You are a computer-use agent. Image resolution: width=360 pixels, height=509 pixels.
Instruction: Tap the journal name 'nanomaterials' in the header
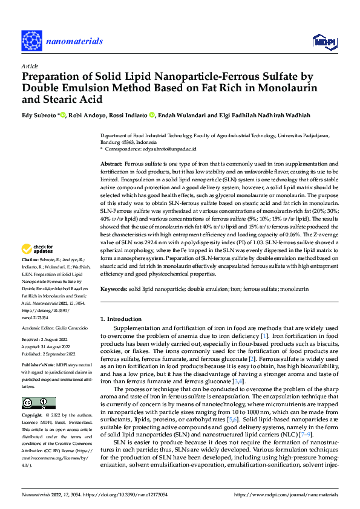76,41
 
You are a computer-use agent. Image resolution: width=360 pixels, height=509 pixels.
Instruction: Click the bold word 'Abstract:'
111,164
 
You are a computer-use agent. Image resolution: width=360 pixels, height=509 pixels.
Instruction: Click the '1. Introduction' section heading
120,319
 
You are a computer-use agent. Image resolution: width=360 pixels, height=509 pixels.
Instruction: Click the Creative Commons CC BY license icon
38,403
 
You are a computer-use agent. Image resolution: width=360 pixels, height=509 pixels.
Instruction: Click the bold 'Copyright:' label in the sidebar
33,416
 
